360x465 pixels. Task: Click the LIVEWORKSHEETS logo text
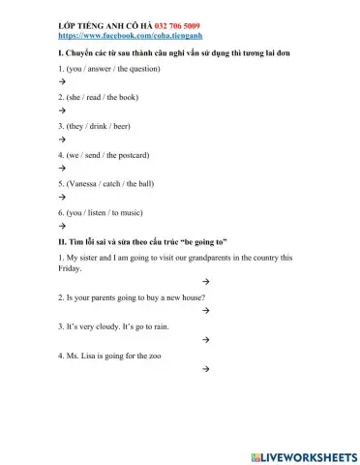point(307,455)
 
